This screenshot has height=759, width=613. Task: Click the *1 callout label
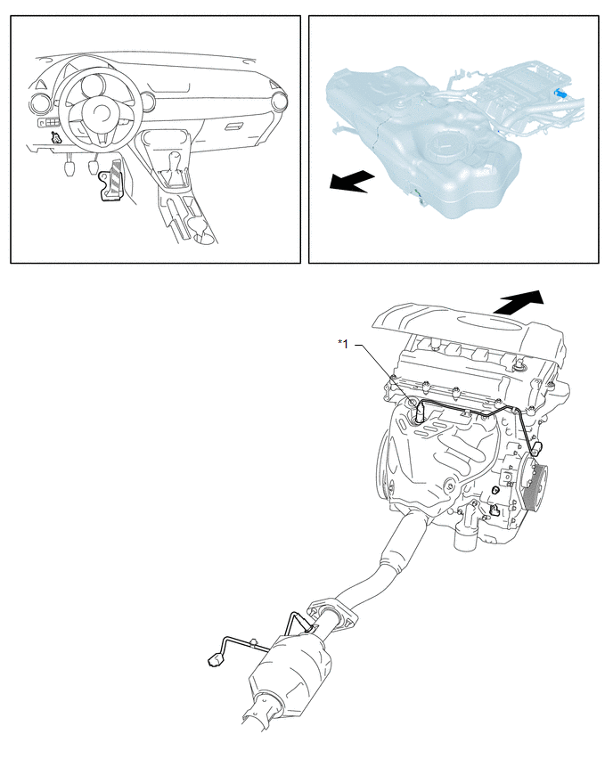click(343, 344)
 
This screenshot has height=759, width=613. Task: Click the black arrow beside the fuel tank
click(352, 181)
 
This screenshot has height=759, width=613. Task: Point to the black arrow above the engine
click(519, 303)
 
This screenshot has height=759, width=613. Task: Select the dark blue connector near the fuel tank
click(560, 93)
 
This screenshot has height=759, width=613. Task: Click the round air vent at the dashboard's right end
click(280, 102)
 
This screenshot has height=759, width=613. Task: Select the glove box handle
click(235, 126)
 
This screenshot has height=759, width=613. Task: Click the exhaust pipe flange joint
click(332, 616)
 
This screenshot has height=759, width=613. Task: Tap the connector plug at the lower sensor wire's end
click(214, 659)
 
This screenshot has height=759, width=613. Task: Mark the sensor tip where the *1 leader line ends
click(421, 414)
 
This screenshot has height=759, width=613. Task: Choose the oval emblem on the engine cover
click(486, 322)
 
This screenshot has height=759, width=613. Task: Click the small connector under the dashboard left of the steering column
click(57, 137)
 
